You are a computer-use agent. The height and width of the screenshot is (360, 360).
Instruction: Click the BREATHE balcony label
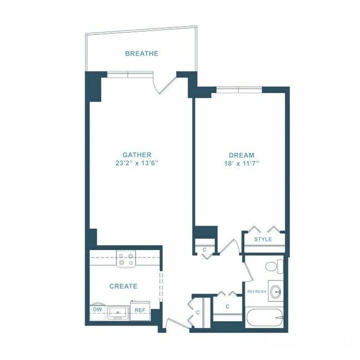pos(141,54)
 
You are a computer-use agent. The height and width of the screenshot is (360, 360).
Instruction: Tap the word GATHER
pos(137,155)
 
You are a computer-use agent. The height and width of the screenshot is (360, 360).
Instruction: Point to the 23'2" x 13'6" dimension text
pos(137,163)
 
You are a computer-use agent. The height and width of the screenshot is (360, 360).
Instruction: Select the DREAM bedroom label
pos(241,156)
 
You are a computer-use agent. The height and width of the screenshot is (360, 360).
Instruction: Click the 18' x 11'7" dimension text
pos(241,163)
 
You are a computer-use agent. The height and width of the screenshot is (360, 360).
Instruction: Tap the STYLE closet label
pos(263,239)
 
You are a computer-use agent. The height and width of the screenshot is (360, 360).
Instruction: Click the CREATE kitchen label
pos(123,286)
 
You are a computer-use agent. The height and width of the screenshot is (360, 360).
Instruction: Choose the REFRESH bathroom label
pos(257,291)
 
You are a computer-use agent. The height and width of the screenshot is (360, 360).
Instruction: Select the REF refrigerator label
pos(140,310)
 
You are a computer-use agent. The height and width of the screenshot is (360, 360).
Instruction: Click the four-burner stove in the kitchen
pos(126,259)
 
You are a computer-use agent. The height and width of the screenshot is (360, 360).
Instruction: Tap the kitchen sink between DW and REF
pos(118,312)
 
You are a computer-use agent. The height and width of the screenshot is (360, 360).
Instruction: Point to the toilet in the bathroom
pos(272,266)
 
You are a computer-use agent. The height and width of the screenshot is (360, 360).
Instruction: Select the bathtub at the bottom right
pos(265,318)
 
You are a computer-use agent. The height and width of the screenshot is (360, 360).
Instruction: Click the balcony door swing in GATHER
pos(165,84)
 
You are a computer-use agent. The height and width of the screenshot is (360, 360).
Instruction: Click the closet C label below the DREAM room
pos(204,250)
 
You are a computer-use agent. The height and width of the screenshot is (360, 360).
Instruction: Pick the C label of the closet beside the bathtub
pos(228,306)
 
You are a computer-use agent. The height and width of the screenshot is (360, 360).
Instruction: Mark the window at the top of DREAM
pos(239,89)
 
